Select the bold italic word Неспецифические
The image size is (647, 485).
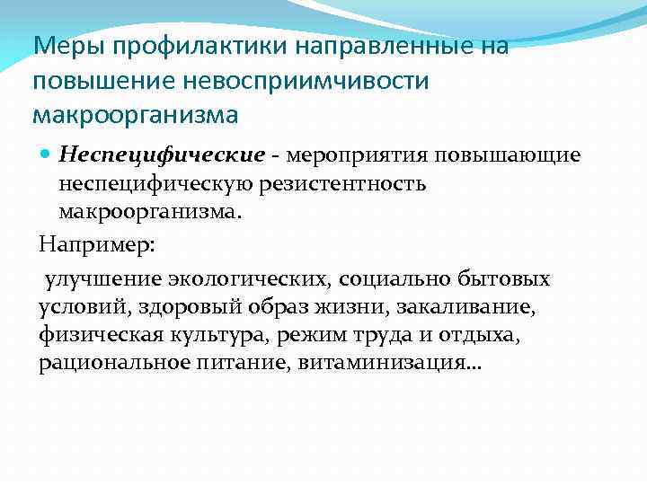[162, 155]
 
